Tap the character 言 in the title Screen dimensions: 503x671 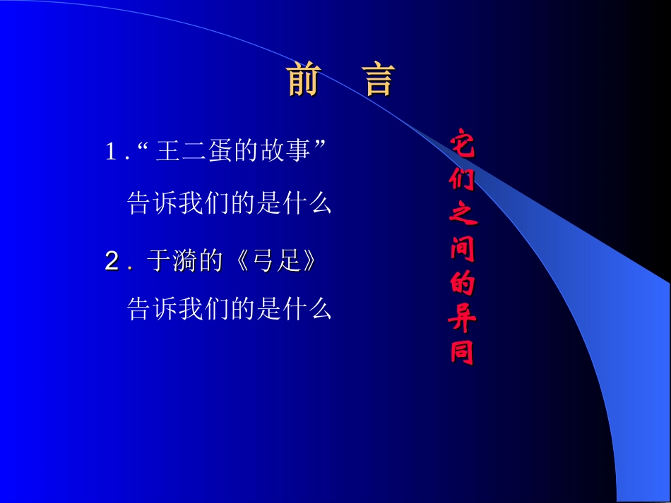click(x=379, y=80)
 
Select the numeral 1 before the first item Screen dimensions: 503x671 click(x=110, y=152)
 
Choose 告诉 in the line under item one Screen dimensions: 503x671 click(x=150, y=204)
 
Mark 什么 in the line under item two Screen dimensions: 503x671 click(x=307, y=308)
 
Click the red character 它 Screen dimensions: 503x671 click(x=463, y=143)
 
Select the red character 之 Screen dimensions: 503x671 click(x=463, y=212)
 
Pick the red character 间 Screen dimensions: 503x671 click(x=463, y=248)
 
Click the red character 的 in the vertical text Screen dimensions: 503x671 click(x=463, y=283)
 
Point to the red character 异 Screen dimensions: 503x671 click(x=463, y=318)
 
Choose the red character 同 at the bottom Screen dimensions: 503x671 click(x=463, y=352)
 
